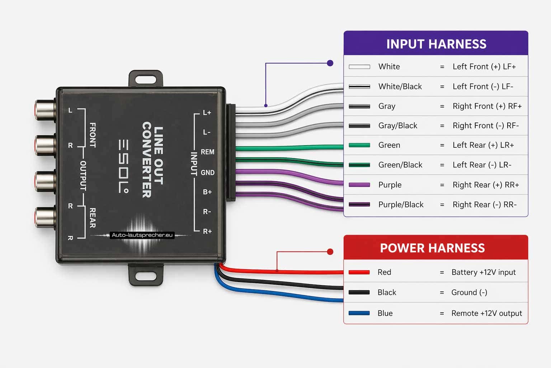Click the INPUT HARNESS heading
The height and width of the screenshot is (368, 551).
(x=436, y=44)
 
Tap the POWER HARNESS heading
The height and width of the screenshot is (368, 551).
(x=432, y=248)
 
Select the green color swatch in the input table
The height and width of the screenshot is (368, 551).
(x=359, y=145)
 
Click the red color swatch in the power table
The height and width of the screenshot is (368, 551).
(x=359, y=272)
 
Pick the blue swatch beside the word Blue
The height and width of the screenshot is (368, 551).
(x=359, y=313)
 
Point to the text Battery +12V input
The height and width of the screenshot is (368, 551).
(x=483, y=272)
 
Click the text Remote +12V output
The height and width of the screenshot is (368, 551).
(x=486, y=313)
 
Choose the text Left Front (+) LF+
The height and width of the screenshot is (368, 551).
(x=484, y=66)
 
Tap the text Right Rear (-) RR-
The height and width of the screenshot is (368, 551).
(x=484, y=204)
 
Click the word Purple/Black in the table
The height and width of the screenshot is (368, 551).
(x=401, y=204)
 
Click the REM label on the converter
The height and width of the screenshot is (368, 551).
(x=207, y=152)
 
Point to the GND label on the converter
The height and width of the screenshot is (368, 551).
(x=207, y=172)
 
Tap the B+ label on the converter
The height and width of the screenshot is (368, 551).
(x=207, y=192)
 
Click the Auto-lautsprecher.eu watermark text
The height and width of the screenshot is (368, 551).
(x=142, y=235)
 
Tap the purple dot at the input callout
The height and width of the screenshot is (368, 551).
(x=330, y=63)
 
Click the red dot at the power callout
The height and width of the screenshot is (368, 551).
(x=330, y=252)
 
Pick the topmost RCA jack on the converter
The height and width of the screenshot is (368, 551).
(x=44, y=110)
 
